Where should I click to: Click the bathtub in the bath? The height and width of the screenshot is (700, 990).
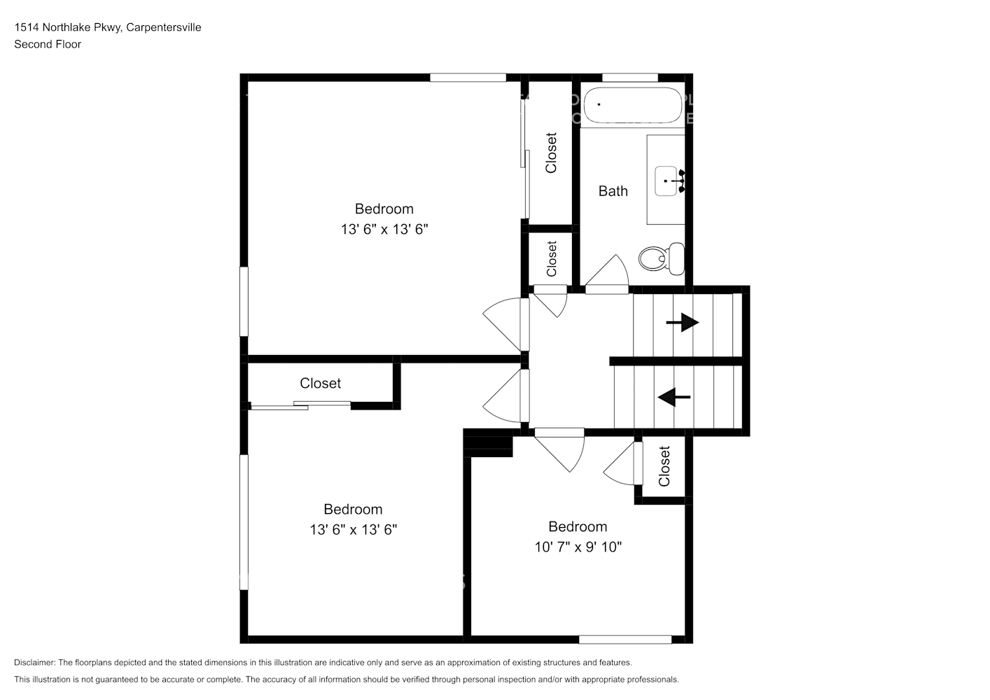click(x=632, y=105)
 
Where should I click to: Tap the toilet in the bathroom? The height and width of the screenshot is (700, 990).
click(x=662, y=258)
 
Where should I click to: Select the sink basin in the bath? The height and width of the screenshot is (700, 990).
click(x=666, y=181)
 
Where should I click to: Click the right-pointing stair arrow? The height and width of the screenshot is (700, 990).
click(x=683, y=323)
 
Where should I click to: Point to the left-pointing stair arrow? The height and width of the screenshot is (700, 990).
click(x=674, y=397)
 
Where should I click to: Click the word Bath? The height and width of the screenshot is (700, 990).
click(x=613, y=191)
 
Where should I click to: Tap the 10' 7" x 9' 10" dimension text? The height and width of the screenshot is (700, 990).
click(x=578, y=547)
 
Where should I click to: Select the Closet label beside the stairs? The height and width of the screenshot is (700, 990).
click(x=664, y=466)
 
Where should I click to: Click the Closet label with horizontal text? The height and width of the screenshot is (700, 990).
click(x=321, y=383)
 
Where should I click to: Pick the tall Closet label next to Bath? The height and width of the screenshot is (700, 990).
click(x=551, y=153)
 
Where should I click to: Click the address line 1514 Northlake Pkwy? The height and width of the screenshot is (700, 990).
click(x=108, y=27)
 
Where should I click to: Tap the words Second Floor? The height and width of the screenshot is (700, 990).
click(x=48, y=44)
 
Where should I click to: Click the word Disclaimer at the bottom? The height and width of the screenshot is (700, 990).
click(x=35, y=662)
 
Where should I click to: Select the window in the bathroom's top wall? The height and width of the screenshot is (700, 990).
click(x=630, y=78)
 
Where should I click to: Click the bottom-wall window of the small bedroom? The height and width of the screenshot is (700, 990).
click(x=625, y=640)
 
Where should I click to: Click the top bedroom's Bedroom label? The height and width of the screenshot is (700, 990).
click(x=384, y=209)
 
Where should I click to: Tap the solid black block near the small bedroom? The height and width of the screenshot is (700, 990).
click(x=488, y=443)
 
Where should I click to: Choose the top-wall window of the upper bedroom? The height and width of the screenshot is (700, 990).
click(x=468, y=78)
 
